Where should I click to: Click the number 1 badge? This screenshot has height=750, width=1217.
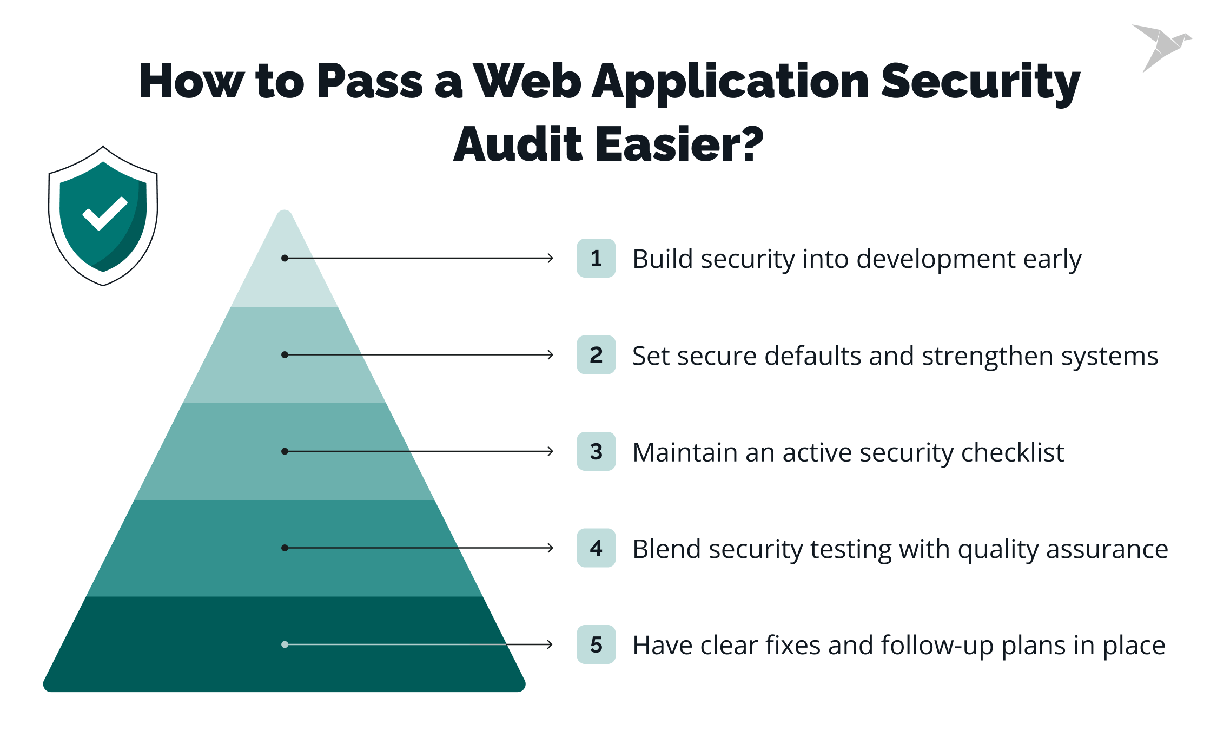click(596, 258)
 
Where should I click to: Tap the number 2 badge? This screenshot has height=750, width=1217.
click(596, 355)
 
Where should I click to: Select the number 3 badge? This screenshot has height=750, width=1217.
click(596, 451)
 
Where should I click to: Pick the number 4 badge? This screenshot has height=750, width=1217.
click(596, 548)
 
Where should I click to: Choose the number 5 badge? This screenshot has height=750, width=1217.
click(596, 644)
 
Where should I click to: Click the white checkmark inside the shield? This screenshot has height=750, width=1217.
click(105, 214)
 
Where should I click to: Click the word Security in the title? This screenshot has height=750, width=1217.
click(980, 82)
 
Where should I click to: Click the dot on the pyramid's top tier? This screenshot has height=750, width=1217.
click(285, 258)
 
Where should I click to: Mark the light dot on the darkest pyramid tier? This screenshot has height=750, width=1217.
click(285, 644)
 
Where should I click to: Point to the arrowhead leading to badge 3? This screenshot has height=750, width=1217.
click(551, 451)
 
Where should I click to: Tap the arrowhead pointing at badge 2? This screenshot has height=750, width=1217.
click(551, 355)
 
